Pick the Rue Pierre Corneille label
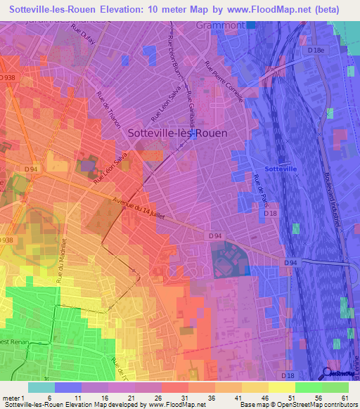click(x=224, y=82)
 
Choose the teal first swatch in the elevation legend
click(x=41, y=387)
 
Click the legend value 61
click(x=344, y=398)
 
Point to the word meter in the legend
click(x=11, y=398)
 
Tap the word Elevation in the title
click(x=143, y=10)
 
